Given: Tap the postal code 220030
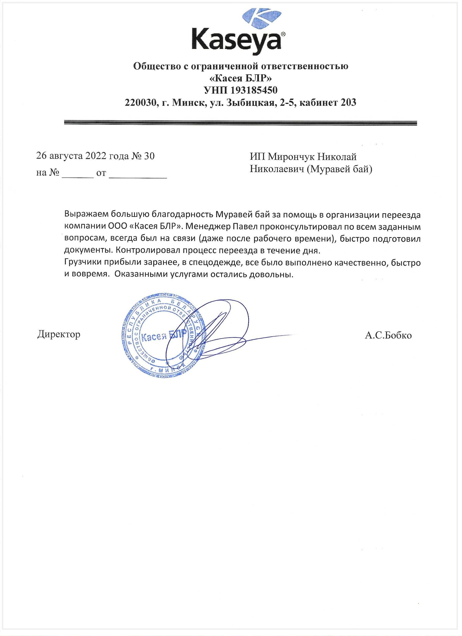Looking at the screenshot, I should (140, 102).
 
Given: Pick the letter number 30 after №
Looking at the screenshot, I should (149, 156).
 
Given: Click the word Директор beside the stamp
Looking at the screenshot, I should (59, 334).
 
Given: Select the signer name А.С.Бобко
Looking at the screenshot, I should (388, 335).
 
